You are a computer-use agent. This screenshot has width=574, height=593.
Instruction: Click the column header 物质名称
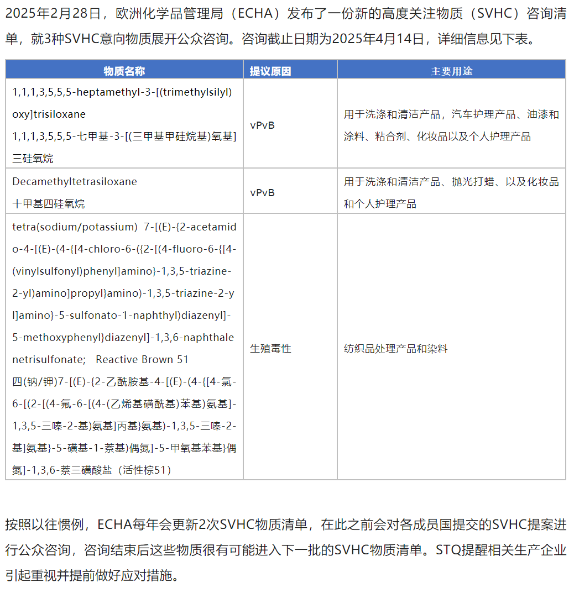click(x=124, y=71)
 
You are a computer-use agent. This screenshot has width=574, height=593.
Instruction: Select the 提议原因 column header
click(x=270, y=71)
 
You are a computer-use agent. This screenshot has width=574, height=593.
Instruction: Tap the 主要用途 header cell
click(x=451, y=71)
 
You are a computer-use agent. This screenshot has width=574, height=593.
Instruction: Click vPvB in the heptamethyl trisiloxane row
click(x=262, y=125)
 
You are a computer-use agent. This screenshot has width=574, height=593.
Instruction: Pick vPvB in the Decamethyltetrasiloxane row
click(x=262, y=193)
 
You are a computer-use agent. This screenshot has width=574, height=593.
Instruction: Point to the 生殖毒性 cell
click(x=270, y=349)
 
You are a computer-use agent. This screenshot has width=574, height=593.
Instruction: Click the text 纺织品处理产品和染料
click(x=395, y=349)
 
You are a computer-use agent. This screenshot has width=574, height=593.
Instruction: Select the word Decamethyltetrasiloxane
click(x=75, y=182)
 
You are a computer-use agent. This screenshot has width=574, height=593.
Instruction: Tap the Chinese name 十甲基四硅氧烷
click(x=49, y=204)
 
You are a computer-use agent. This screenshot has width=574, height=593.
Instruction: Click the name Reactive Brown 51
click(x=142, y=360)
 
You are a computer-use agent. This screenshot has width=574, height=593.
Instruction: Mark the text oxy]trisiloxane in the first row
click(x=49, y=114)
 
